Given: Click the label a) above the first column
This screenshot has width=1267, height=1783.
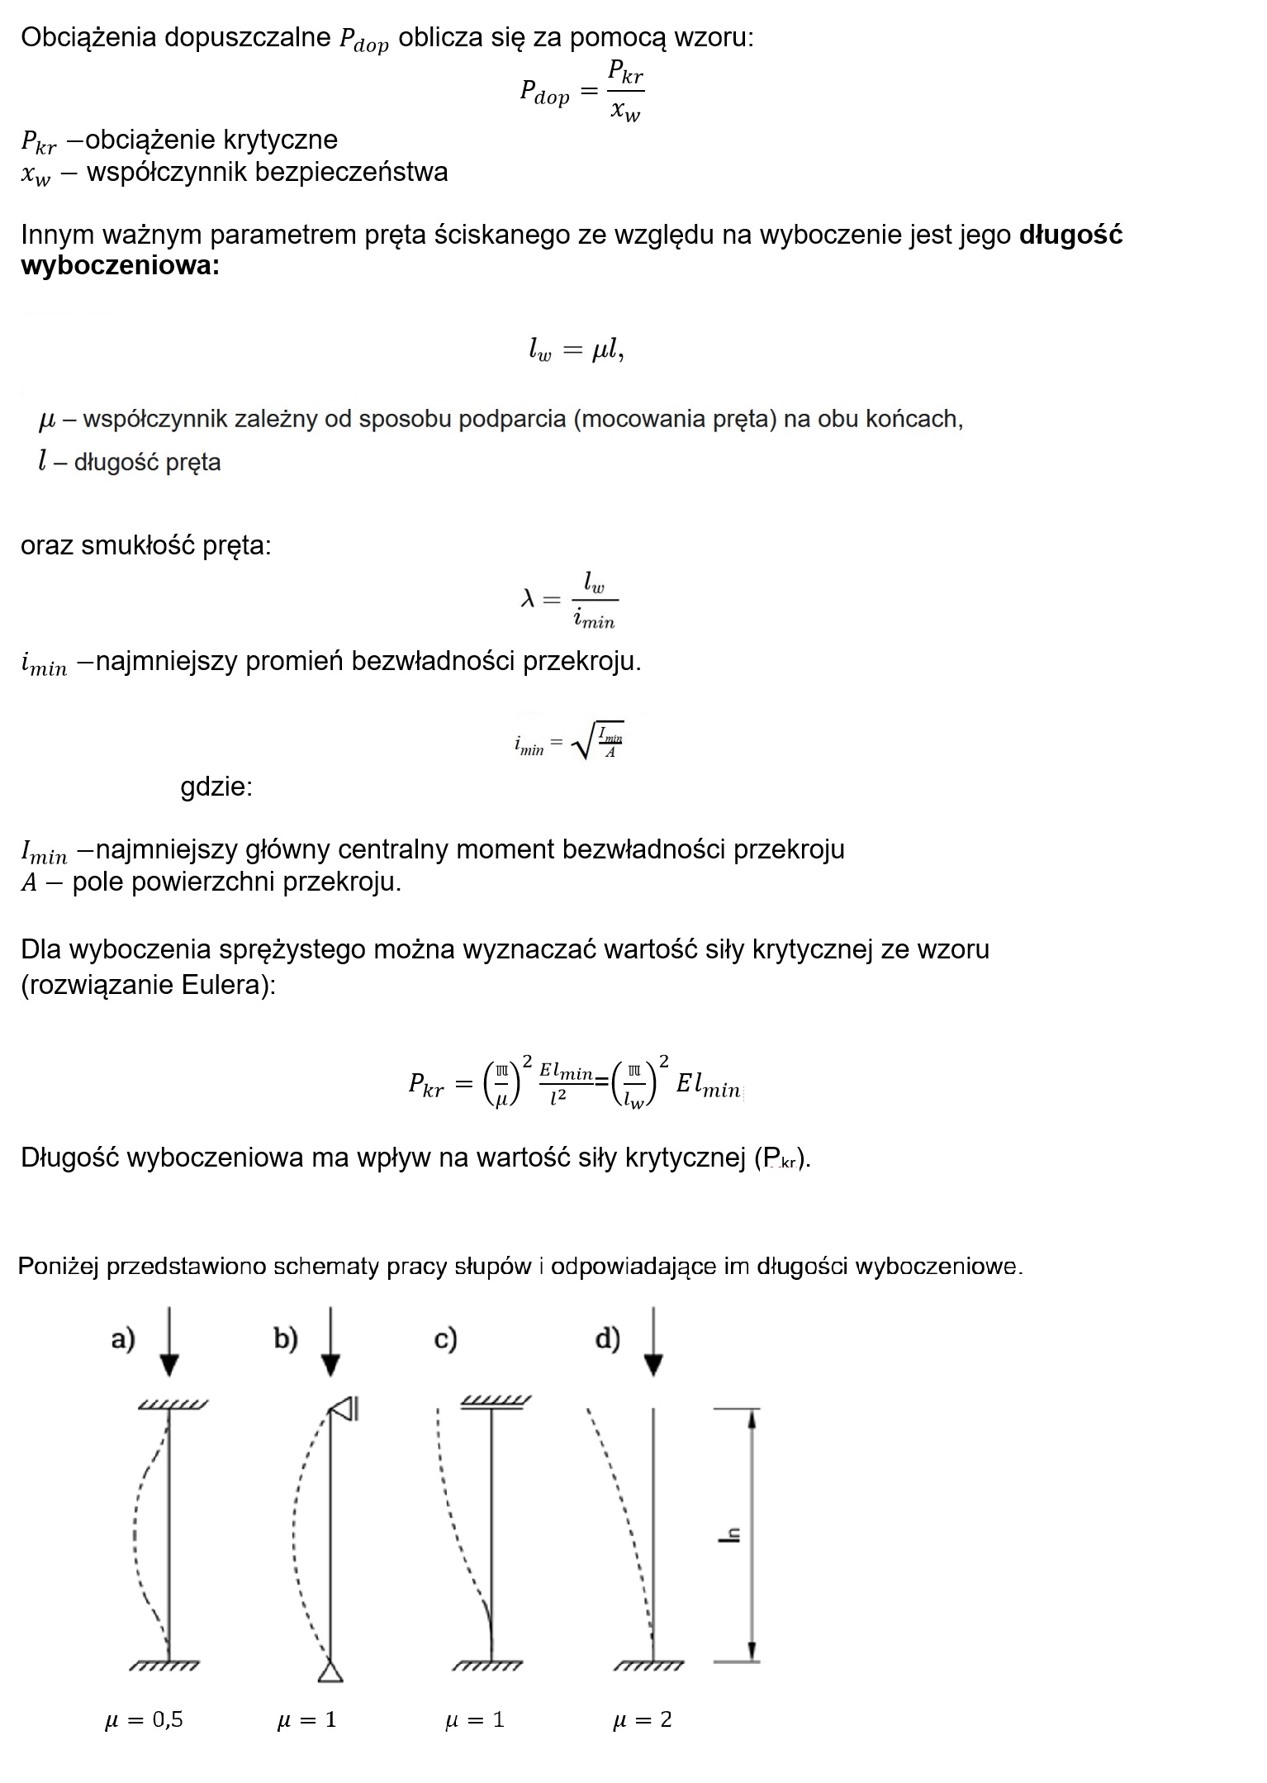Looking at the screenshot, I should (x=122, y=1339).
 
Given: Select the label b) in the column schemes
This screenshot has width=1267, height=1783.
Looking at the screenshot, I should (x=285, y=1339).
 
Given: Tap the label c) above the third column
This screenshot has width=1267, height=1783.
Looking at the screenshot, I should (x=445, y=1339).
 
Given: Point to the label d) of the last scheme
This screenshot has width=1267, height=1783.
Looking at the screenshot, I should (x=607, y=1339).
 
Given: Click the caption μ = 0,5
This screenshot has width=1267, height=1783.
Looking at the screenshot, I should (x=144, y=1720).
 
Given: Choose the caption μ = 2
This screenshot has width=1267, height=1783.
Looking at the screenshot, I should (x=642, y=1720).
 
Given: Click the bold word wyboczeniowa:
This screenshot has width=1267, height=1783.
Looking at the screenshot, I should (x=120, y=266).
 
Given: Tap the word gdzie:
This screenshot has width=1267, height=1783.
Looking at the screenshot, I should (x=216, y=787).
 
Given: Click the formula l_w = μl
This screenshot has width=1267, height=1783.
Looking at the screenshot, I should (x=576, y=352).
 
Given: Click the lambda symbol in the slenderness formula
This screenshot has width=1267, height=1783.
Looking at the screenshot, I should (x=529, y=599).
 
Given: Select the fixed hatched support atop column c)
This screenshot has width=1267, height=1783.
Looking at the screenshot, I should (x=494, y=1402).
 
